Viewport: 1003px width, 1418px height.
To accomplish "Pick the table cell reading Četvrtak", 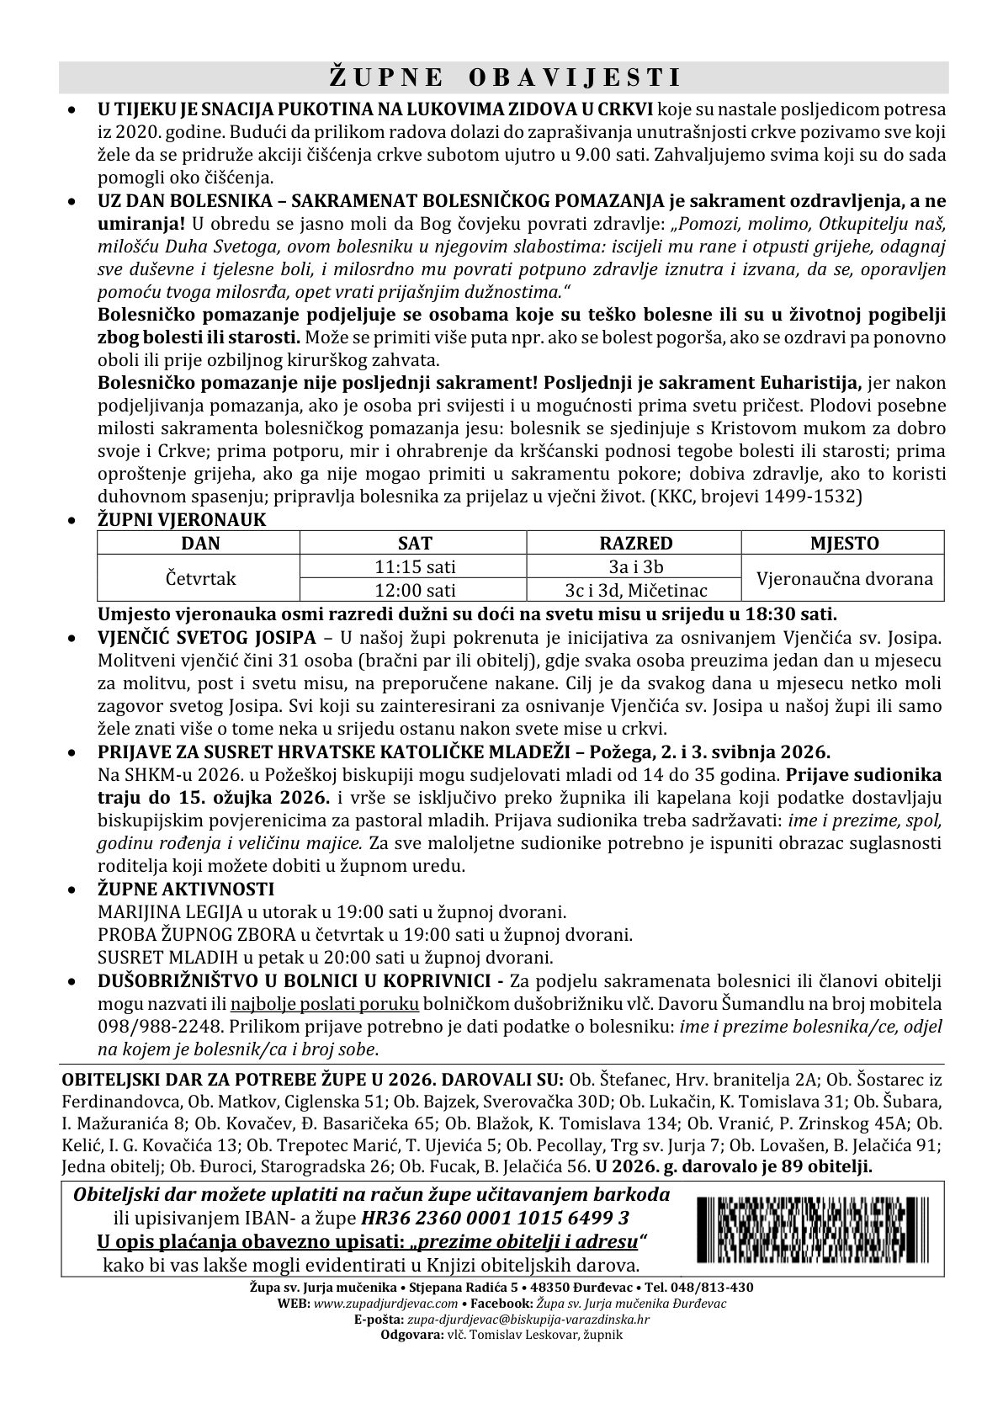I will pos(199,578).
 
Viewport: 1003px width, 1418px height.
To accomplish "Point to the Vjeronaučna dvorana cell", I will pos(844,578).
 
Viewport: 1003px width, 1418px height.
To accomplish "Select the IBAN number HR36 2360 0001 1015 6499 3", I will pos(495,1218).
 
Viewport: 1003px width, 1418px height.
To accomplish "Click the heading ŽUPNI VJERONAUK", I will pos(182,520).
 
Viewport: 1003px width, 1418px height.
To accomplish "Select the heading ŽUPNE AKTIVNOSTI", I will pos(186,890).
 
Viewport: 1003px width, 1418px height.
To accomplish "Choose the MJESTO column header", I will pos(844,543).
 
